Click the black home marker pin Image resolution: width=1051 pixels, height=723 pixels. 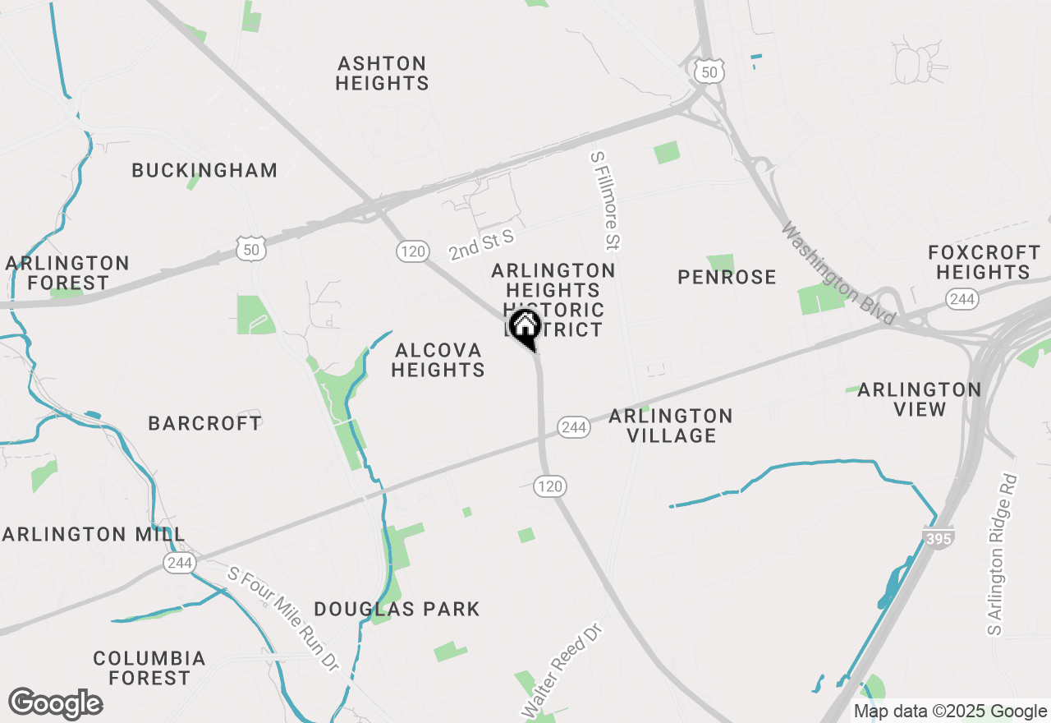click(525, 327)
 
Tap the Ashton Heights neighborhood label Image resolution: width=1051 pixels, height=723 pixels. click(382, 73)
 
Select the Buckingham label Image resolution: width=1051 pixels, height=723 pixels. click(204, 171)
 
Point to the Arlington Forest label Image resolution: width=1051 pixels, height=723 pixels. click(67, 273)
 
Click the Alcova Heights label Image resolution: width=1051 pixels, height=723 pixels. click(438, 360)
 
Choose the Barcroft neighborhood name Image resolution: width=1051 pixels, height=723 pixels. click(204, 423)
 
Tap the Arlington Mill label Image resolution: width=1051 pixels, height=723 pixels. click(93, 534)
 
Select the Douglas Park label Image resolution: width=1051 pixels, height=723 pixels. click(397, 609)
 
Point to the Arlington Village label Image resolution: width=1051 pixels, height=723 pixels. click(671, 426)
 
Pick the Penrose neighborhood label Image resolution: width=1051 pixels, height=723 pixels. click(727, 277)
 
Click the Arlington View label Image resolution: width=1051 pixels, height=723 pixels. click(919, 398)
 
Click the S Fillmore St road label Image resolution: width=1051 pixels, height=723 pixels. click(608, 200)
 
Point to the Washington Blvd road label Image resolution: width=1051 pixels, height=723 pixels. click(838, 274)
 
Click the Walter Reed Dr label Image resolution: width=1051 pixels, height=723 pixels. click(562, 670)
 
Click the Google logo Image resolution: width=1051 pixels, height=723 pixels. click(55, 704)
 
